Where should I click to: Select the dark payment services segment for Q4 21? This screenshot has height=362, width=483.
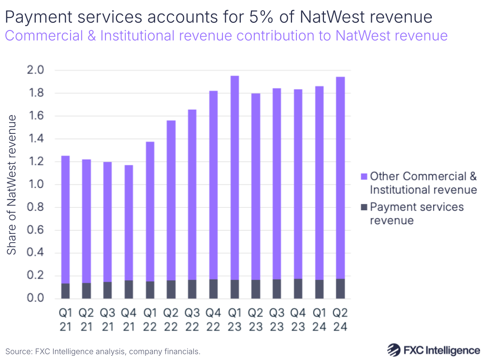click(x=129, y=289)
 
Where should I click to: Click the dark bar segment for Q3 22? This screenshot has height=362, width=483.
click(x=192, y=289)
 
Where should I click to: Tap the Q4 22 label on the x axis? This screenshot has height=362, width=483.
click(x=213, y=319)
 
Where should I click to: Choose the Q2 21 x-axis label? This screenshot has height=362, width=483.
click(x=87, y=319)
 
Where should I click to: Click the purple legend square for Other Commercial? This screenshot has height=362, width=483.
click(x=364, y=176)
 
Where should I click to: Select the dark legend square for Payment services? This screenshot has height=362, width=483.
click(x=364, y=207)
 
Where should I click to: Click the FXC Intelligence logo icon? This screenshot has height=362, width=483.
click(x=395, y=349)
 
